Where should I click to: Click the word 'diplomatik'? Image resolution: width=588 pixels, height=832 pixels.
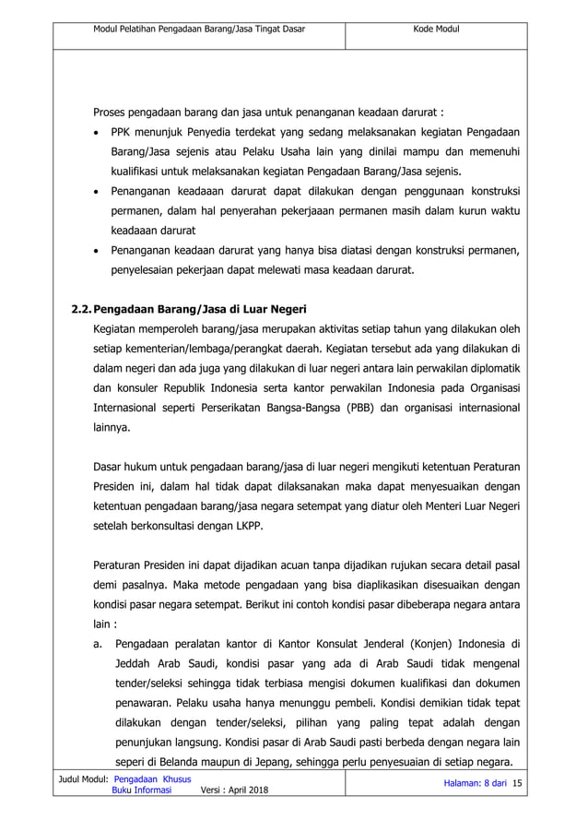pos(491,367)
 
